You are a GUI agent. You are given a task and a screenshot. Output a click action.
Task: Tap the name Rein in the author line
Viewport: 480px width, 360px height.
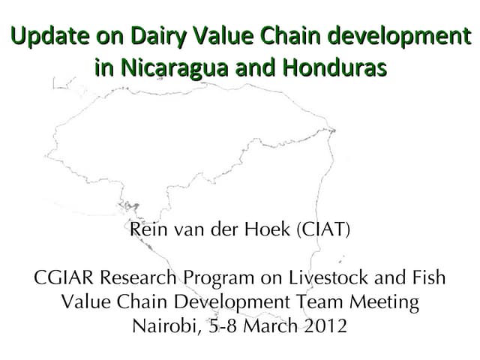pyautogui.click(x=145, y=229)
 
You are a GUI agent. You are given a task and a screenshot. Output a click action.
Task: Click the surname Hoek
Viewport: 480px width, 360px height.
pyautogui.click(x=271, y=229)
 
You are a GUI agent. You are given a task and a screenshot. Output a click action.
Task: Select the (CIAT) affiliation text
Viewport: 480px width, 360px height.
pyautogui.click(x=325, y=229)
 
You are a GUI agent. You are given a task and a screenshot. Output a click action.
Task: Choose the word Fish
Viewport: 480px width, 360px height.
pyautogui.click(x=429, y=278)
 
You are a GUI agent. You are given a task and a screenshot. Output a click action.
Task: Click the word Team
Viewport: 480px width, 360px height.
pyautogui.click(x=334, y=303)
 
